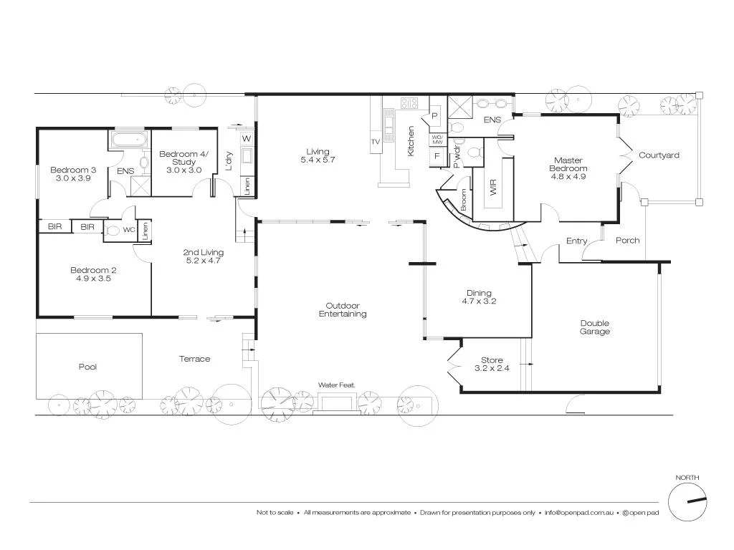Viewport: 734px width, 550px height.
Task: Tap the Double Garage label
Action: (x=595, y=327)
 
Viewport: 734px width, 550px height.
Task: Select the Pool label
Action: (x=87, y=367)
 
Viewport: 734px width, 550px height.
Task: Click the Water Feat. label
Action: (x=337, y=385)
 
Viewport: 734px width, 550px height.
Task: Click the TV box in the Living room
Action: (x=375, y=143)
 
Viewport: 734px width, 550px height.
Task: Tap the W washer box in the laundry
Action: (x=246, y=137)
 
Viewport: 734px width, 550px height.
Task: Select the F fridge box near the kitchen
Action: (x=436, y=156)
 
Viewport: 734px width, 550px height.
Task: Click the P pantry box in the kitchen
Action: (x=434, y=116)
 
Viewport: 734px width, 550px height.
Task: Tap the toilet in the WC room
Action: (x=113, y=231)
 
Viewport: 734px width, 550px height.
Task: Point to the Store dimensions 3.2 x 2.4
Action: (x=492, y=368)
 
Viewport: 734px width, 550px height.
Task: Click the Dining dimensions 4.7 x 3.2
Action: (x=480, y=301)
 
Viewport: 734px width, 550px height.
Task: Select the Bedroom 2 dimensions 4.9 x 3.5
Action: (x=93, y=279)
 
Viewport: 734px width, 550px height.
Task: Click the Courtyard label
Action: (x=659, y=155)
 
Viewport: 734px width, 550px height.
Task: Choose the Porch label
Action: (x=627, y=241)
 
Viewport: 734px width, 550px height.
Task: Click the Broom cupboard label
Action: (x=464, y=199)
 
